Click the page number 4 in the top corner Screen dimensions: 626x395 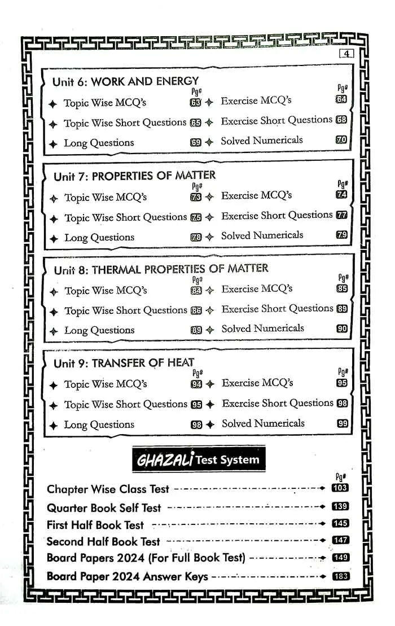click(346, 54)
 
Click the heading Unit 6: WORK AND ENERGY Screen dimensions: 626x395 click(125, 81)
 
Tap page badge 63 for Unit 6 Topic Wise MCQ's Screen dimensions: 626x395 click(196, 103)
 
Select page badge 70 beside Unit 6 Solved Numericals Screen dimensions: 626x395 click(341, 140)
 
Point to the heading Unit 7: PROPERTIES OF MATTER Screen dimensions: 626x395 click(134, 176)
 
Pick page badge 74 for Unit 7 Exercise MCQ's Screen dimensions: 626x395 click(341, 195)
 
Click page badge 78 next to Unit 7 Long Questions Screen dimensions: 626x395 click(196, 238)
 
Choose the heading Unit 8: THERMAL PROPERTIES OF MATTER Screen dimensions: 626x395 click(161, 269)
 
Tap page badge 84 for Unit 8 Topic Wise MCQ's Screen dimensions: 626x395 click(196, 291)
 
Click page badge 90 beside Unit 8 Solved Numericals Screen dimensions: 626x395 click(342, 329)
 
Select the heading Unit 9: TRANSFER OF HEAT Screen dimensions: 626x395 click(124, 363)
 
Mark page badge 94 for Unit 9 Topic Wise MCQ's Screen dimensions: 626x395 click(196, 384)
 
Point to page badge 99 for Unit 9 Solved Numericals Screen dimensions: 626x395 click(342, 424)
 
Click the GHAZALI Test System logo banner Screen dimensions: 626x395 click(197, 459)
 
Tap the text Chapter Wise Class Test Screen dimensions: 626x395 click(108, 489)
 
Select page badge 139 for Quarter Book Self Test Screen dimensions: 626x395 click(340, 507)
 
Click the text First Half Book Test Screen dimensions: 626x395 click(95, 525)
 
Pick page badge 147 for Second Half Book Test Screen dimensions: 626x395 click(340, 540)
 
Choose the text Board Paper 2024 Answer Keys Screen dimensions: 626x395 click(127, 576)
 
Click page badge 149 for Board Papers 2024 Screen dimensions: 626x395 click(340, 558)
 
